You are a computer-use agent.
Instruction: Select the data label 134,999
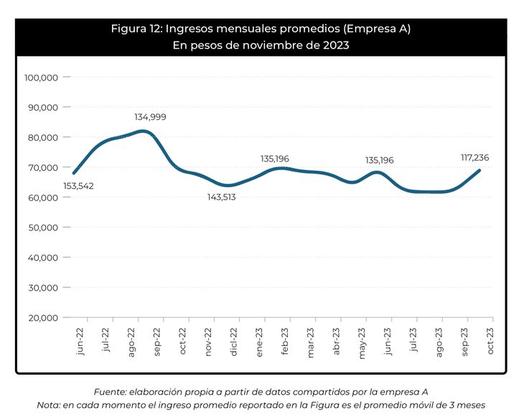(x=150, y=117)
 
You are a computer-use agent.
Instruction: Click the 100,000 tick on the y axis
(x=41, y=78)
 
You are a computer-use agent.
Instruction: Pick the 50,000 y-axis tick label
(x=41, y=228)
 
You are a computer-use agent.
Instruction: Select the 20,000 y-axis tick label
(x=41, y=318)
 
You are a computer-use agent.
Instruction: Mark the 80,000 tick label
(x=41, y=137)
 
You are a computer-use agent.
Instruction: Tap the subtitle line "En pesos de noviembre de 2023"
(x=261, y=45)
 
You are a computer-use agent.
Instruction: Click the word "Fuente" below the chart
(x=111, y=391)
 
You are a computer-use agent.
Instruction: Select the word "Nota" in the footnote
(x=49, y=405)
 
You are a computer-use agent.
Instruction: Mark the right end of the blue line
(x=479, y=170)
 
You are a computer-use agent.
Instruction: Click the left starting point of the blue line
(x=74, y=173)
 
